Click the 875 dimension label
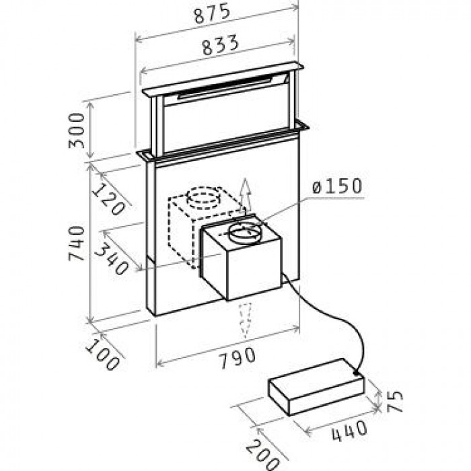pyautogui.click(x=213, y=14)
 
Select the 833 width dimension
pyautogui.click(x=221, y=46)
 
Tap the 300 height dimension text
pyautogui.click(x=76, y=131)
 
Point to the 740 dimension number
pyautogui.click(x=76, y=244)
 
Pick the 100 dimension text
pyautogui.click(x=103, y=355)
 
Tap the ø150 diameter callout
pyautogui.click(x=337, y=186)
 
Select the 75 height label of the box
pyautogui.click(x=394, y=401)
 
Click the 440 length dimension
pyautogui.click(x=349, y=432)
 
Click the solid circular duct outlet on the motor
pyautogui.click(x=244, y=232)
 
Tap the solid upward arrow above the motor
pyautogui.click(x=246, y=196)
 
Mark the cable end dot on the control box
pyautogui.click(x=356, y=373)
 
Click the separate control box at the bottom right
pyautogui.click(x=316, y=387)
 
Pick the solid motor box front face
pyautogui.click(x=254, y=268)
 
